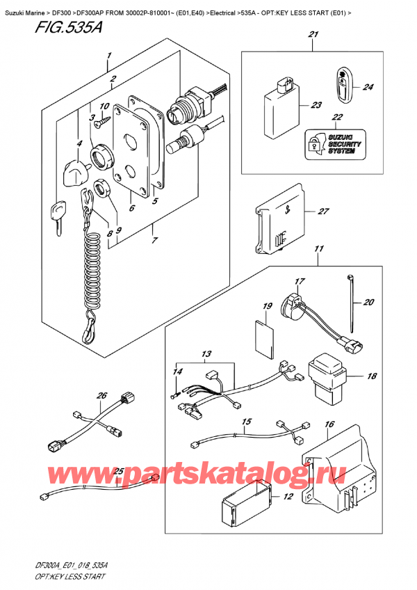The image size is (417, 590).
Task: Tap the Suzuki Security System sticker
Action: (335, 142)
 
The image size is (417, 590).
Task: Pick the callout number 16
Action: (329, 424)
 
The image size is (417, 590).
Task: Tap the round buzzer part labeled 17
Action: (292, 304)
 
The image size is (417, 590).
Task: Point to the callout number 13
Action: (207, 356)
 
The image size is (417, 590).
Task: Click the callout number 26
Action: (103, 397)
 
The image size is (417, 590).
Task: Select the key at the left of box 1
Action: (57, 213)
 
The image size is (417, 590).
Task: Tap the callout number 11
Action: (319, 248)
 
